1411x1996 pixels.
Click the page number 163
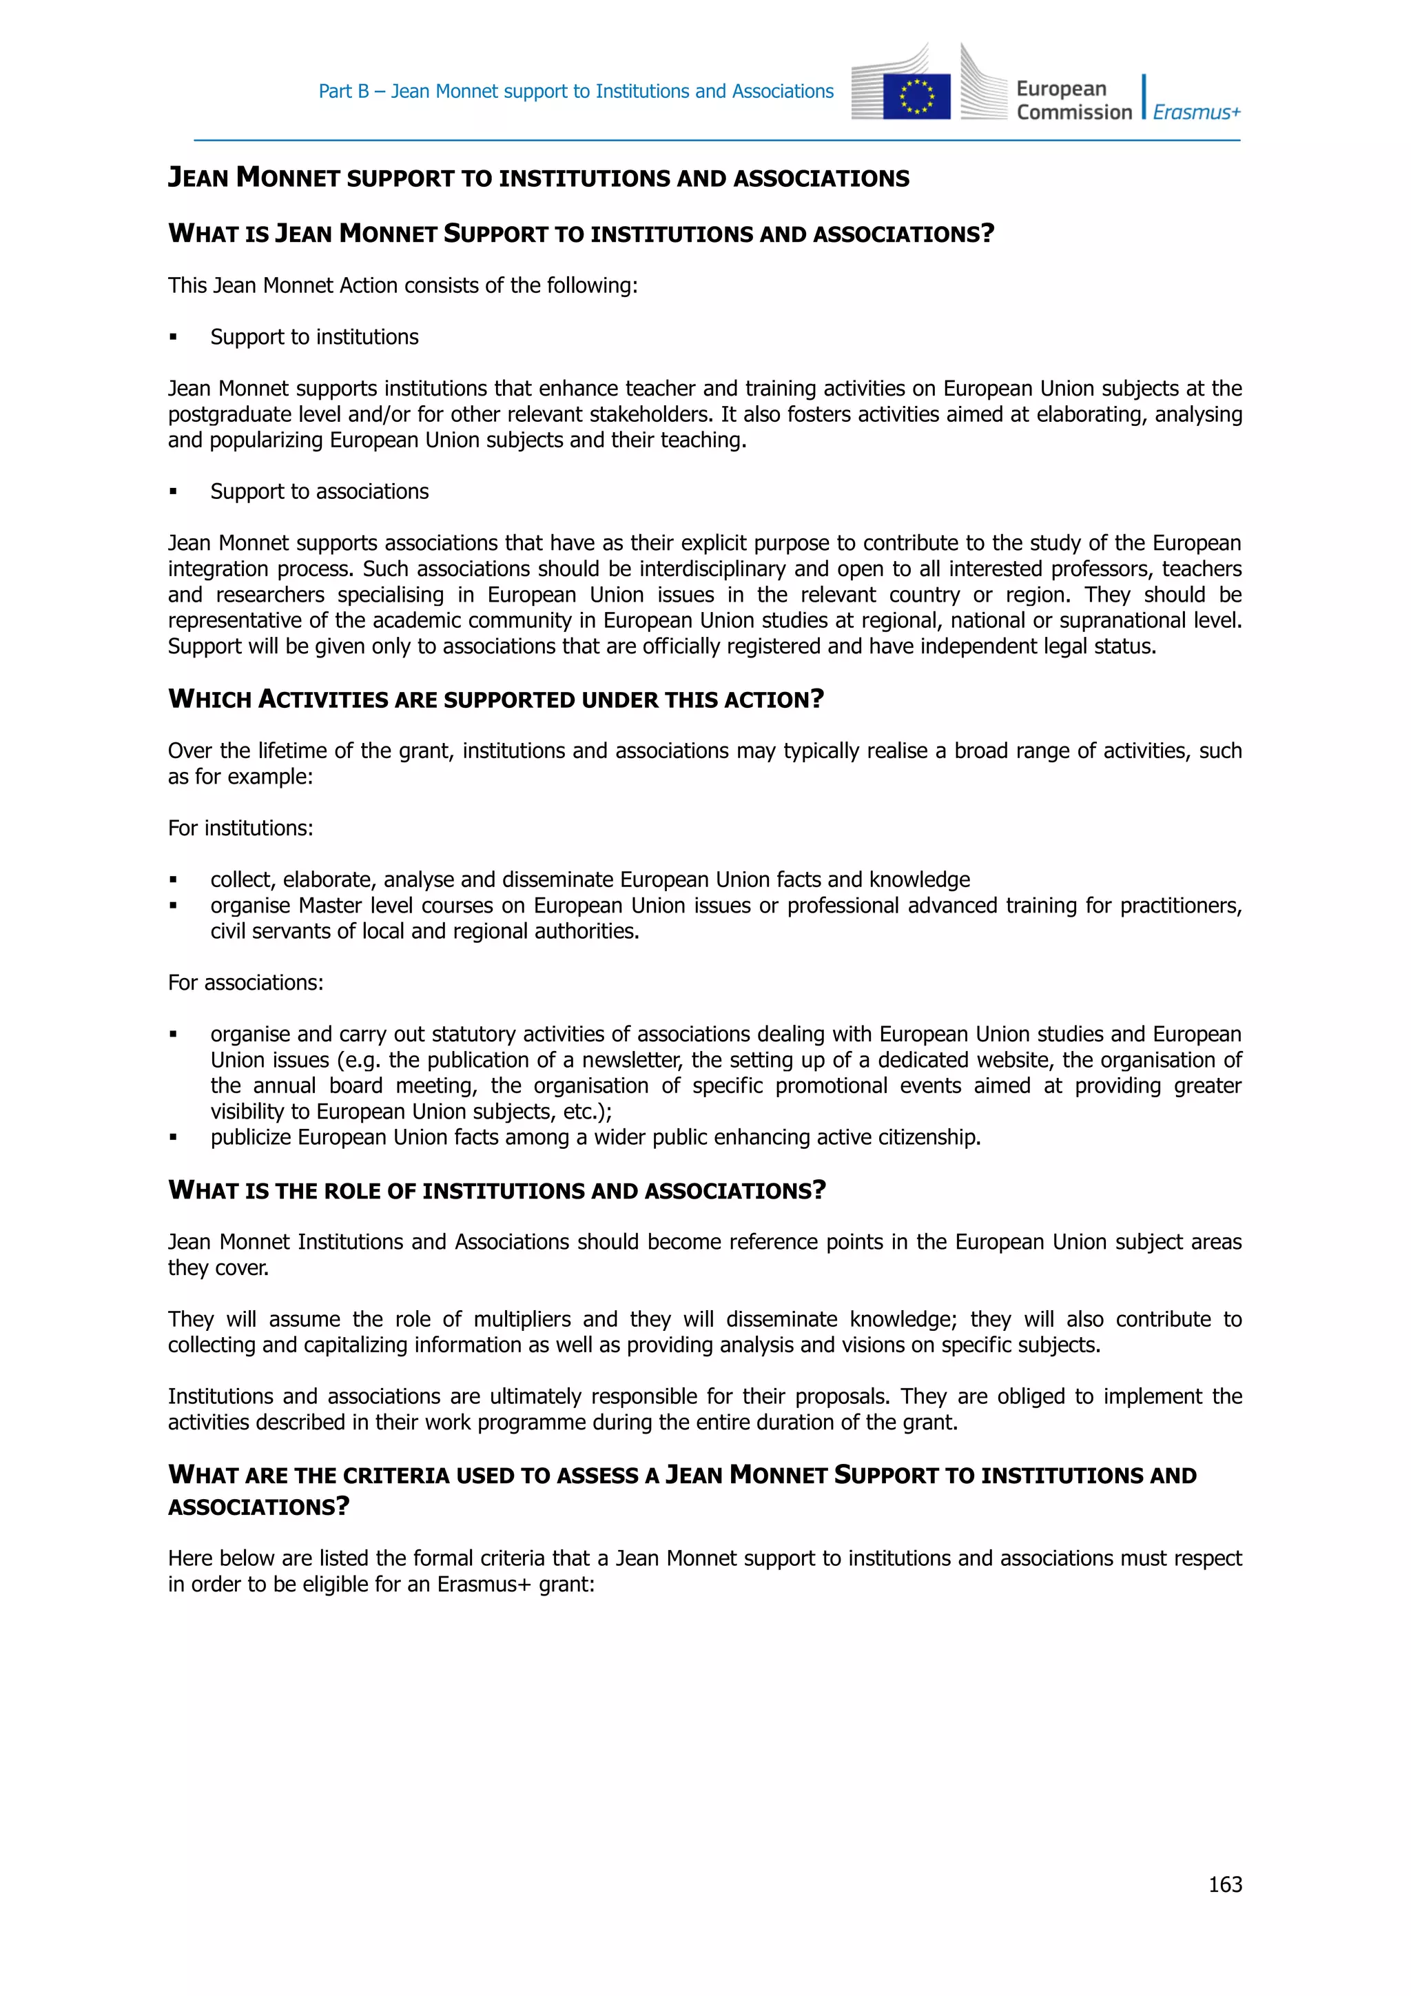(1224, 1884)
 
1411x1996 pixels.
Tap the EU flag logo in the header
(916, 96)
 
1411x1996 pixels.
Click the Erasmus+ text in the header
(1197, 112)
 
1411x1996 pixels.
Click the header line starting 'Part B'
(575, 91)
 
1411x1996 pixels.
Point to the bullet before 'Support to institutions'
(173, 337)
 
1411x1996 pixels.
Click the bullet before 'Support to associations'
(173, 492)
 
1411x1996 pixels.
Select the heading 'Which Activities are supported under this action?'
(495, 699)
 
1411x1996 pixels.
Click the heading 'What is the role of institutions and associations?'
(496, 1190)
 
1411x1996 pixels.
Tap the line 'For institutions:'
(240, 828)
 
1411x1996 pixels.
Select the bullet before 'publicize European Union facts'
(173, 1137)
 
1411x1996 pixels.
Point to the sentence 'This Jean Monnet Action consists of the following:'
(402, 285)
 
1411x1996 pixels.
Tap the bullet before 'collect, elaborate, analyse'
(173, 879)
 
